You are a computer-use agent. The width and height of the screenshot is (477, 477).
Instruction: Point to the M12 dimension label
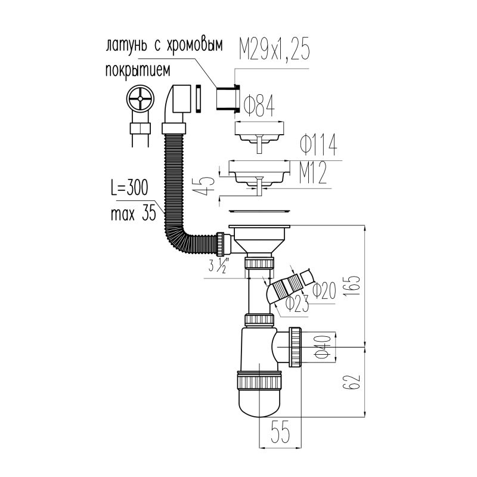[x=313, y=172]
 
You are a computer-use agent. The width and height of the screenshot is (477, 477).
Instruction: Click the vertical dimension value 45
[x=206, y=182]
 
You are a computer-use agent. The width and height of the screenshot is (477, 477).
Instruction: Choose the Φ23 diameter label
[x=297, y=304]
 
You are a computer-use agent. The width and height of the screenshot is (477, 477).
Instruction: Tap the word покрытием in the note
[x=138, y=70]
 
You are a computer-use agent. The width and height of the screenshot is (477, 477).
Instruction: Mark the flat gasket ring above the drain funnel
[x=260, y=210]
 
